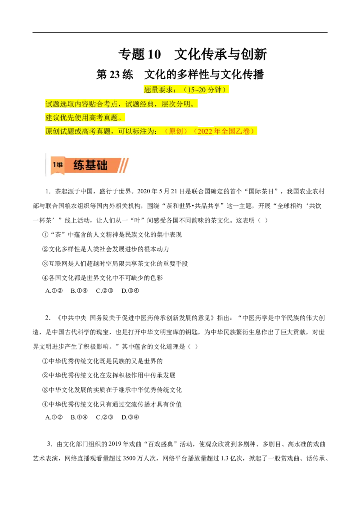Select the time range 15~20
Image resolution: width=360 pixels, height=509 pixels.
click(197, 90)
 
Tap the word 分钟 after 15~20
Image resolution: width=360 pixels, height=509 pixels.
click(215, 90)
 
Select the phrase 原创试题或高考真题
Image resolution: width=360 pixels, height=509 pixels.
click(78, 132)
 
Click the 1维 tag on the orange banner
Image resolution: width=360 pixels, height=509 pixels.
click(57, 165)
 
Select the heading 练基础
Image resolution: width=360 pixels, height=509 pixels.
click(90, 165)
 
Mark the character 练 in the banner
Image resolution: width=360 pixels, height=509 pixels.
click(79, 165)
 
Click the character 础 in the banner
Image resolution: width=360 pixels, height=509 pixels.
click(102, 165)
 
